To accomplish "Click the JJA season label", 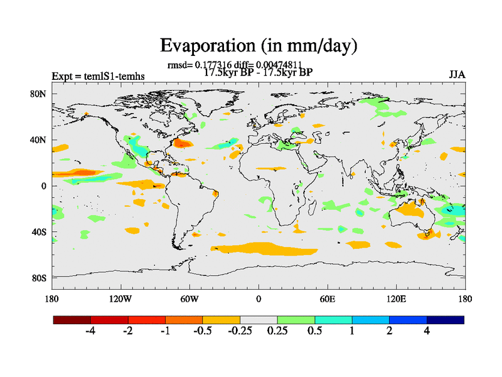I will pos(457,75).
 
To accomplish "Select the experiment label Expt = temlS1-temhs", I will pos(98,76).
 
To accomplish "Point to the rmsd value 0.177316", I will pos(213,64).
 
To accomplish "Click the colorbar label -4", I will pos(90,331).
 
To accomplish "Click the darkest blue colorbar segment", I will pos(446,320).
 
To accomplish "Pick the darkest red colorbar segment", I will pos(72,320).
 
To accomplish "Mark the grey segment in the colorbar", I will pos(259,320).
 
